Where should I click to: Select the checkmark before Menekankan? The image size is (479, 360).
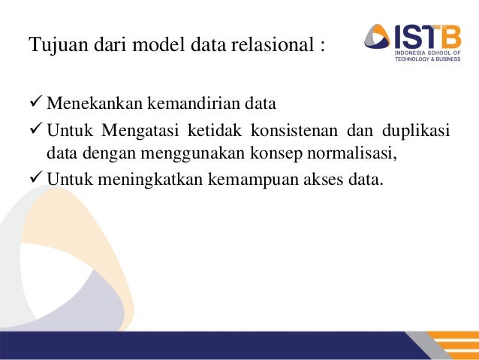pos(36,102)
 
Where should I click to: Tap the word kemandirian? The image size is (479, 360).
pos(180,103)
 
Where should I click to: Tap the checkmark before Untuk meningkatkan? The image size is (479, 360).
pos(36,180)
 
